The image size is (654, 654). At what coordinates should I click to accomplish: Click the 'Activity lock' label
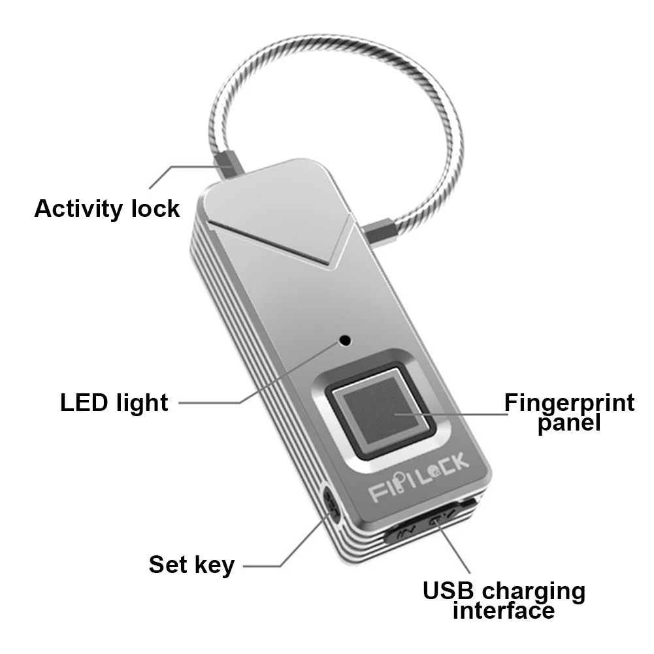(106, 208)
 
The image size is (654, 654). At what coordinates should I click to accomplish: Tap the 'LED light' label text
(114, 402)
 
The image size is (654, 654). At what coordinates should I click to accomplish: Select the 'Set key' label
(191, 565)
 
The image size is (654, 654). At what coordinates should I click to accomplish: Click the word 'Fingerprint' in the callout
(569, 403)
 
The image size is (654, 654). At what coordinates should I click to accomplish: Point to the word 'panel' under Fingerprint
(569, 423)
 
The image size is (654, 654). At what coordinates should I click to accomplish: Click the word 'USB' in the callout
(448, 591)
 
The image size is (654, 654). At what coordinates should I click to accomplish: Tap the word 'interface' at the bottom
(504, 610)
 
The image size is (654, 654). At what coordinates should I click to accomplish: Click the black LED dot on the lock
(345, 341)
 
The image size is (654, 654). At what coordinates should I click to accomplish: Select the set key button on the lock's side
(332, 506)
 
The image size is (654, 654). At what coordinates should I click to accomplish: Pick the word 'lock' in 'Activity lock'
(155, 208)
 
